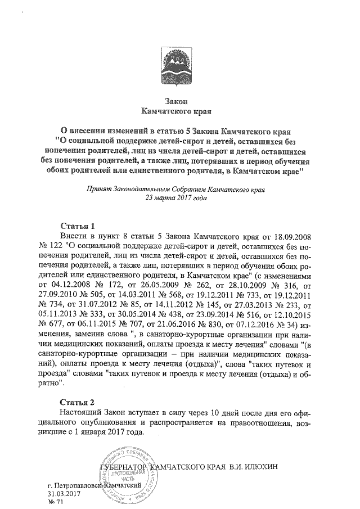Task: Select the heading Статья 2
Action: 76,402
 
